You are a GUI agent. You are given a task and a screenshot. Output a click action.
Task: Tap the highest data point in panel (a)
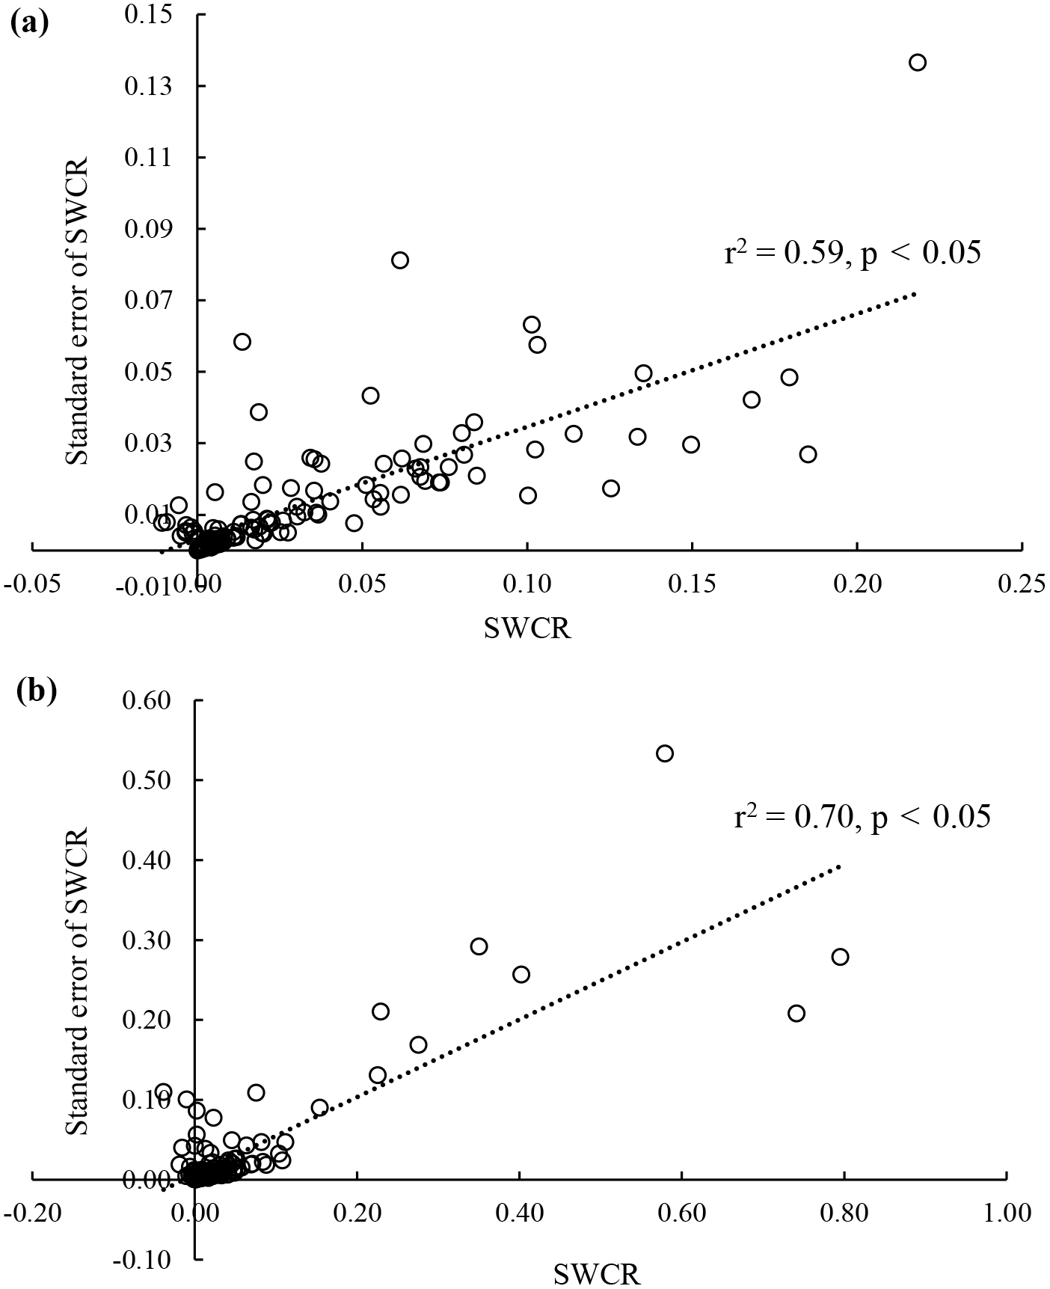point(917,63)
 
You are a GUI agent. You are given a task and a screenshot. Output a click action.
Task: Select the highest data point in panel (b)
point(665,753)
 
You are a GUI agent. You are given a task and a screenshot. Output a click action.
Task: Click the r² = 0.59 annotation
point(852,254)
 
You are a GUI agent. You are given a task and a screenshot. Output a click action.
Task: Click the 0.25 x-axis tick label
point(1022,584)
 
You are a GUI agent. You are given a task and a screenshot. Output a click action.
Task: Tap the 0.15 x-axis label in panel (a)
point(692,584)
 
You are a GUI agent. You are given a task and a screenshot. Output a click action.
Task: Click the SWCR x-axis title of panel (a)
point(528,628)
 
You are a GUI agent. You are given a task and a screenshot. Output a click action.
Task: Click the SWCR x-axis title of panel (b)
point(597,1274)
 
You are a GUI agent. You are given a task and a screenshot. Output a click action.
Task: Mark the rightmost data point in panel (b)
point(840,957)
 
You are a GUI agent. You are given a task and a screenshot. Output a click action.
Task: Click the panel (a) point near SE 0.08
point(400,260)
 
